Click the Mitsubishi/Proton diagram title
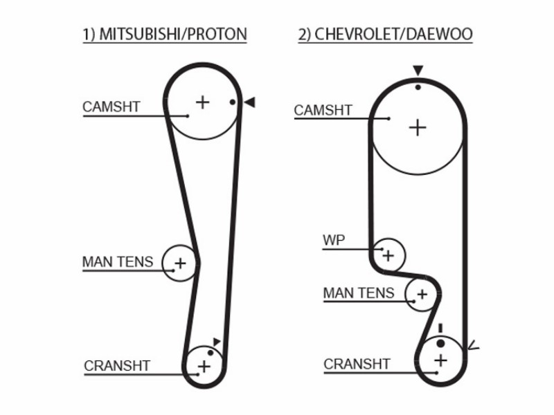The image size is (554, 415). point(165,34)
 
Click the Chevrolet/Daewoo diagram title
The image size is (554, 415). point(385,34)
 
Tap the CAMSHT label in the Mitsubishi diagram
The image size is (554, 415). point(111,107)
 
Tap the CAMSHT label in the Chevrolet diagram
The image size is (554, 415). point(323,110)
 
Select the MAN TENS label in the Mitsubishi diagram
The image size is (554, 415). point(118,262)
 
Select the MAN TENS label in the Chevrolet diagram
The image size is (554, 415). point(359,293)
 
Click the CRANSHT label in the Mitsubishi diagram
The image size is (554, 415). point(117,366)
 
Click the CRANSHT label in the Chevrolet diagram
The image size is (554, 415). point(357,364)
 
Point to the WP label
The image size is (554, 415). point(334,240)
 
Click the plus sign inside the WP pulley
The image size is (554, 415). point(388,255)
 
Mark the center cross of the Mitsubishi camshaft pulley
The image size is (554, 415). point(202,102)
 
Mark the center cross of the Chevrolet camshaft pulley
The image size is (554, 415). point(418,127)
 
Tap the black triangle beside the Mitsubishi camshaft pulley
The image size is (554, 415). point(250,102)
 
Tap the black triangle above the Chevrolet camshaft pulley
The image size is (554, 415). point(418,71)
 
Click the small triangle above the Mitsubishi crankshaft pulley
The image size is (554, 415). point(217,342)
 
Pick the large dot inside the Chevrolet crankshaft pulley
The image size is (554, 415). point(440,343)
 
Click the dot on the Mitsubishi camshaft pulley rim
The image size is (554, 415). point(233,102)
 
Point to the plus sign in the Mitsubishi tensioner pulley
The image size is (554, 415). point(180,264)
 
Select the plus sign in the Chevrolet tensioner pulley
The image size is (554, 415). point(422,294)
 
